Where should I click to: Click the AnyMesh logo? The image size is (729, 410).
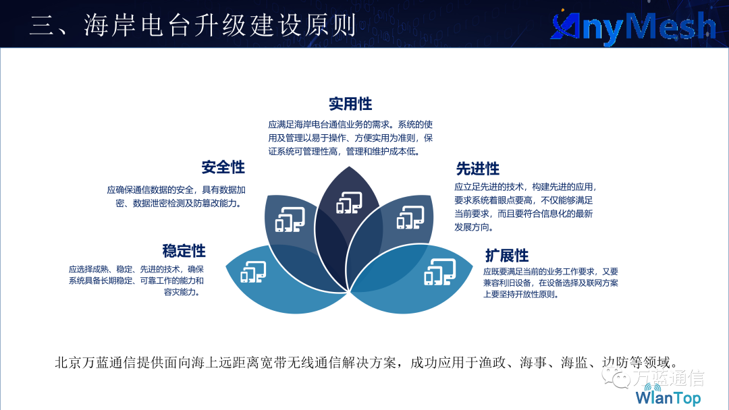pos(633,26)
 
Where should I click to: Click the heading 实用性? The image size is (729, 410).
pos(350,104)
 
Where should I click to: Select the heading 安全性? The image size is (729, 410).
pos(223,167)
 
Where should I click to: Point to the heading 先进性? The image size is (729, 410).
pos(477,169)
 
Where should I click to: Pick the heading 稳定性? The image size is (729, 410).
pos(184,251)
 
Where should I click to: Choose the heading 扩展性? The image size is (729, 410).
pos(507,256)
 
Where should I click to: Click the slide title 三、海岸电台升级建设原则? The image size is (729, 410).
pos(193,25)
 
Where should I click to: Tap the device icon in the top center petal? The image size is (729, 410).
pos(349,202)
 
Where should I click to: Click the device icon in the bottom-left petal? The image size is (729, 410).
pos(253,272)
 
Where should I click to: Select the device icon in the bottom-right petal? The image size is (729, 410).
pos(440,272)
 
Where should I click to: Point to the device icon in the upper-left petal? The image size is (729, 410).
pos(290,219)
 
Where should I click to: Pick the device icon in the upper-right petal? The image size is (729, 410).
pos(410,217)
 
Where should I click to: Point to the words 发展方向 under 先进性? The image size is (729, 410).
pos(471,227)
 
